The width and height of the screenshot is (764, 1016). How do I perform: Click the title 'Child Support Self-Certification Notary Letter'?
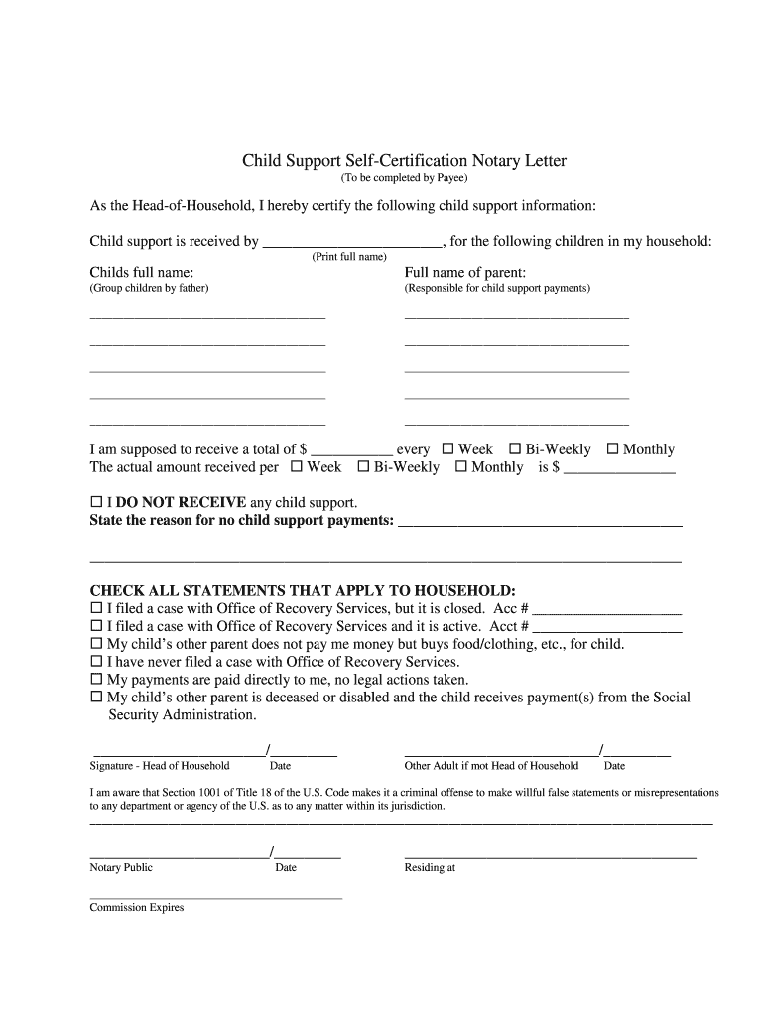pos(405,160)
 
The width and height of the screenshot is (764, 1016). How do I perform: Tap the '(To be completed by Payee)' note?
pos(404,179)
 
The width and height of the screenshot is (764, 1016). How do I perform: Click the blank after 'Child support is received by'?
pos(353,241)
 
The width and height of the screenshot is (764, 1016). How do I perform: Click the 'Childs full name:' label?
pos(142,272)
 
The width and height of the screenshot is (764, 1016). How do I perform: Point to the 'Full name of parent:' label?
pos(465,272)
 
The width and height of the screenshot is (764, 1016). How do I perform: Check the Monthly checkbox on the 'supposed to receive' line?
pos(612,449)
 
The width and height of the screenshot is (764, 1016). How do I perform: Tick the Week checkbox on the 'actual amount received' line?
pos(297,466)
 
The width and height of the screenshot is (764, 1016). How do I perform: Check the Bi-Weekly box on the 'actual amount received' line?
pos(363,466)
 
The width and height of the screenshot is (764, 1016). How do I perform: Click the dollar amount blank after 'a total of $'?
pos(352,449)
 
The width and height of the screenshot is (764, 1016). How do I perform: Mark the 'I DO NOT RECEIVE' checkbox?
pos(96,502)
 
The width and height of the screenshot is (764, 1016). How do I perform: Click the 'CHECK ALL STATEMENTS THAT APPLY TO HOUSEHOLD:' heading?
pos(303,590)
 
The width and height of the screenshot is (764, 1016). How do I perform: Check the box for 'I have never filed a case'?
pos(96,662)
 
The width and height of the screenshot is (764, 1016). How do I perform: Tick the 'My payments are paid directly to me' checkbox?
pos(96,680)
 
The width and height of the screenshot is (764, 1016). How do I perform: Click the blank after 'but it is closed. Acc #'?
pos(607,608)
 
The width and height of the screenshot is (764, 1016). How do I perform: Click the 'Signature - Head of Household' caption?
pos(160,766)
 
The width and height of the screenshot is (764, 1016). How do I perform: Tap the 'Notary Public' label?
pos(121,868)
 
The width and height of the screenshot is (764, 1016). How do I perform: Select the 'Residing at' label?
pos(430,868)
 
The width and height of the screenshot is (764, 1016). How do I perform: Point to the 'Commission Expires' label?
pos(137,908)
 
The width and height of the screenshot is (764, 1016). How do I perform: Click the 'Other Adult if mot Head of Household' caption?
pos(491,766)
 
